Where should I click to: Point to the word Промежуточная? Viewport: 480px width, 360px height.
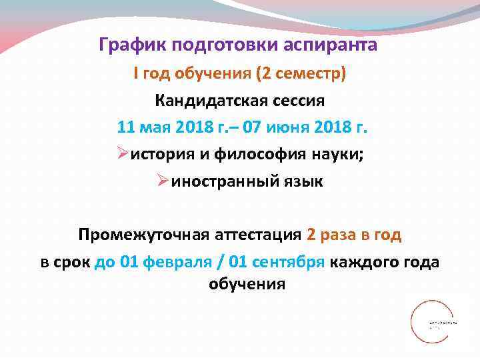click(x=142, y=235)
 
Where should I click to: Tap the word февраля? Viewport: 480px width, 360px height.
click(x=178, y=262)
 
